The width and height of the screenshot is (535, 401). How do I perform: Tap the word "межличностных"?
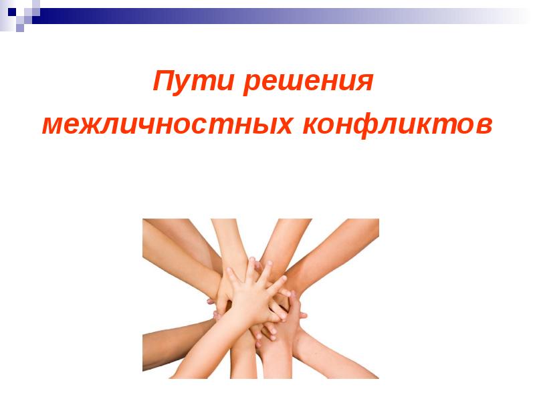coord(167,124)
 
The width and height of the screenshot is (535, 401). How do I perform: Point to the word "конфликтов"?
coord(399,124)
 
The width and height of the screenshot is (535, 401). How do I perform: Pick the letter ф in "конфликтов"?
coord(373,125)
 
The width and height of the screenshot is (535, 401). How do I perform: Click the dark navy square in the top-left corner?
coord(11,11)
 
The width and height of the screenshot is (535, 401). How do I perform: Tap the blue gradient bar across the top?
coord(267,15)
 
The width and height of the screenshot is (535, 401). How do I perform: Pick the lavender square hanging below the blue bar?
coord(19,28)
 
